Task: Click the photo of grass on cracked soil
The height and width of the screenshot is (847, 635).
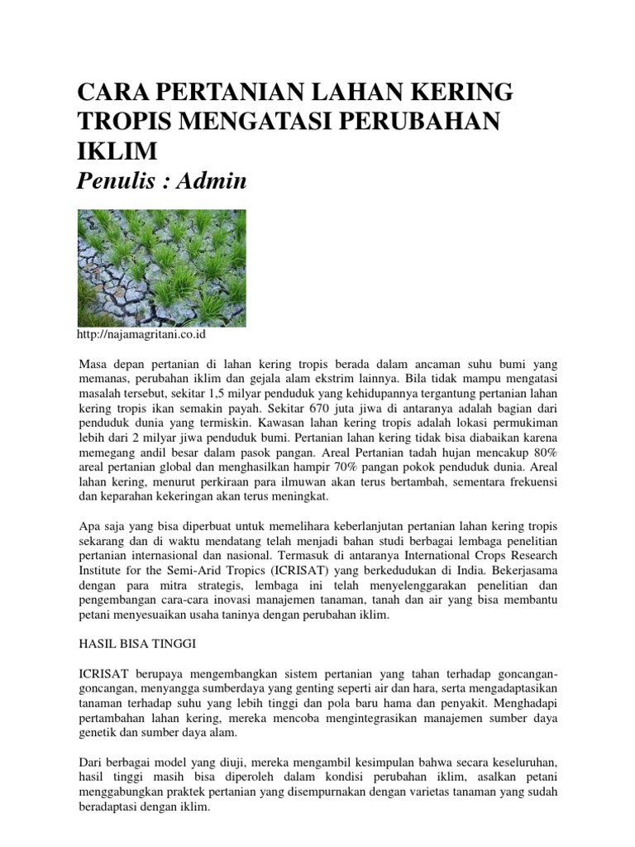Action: point(161,267)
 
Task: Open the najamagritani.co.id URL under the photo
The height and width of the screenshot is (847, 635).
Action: point(141,334)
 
